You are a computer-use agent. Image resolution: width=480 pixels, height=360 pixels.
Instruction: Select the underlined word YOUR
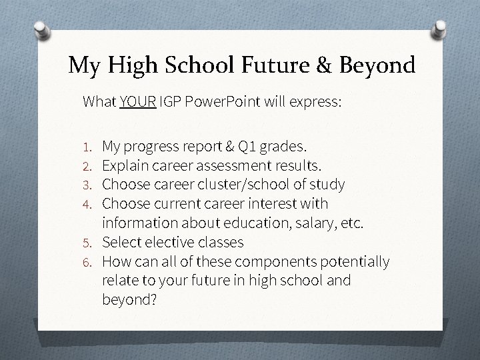[138, 102]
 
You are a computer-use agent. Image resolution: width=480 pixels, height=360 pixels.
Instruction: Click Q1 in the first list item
[257, 145]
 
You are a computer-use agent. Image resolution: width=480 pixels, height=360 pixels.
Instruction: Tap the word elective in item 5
[170, 241]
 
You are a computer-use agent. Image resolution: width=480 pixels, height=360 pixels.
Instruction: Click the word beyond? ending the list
[129, 300]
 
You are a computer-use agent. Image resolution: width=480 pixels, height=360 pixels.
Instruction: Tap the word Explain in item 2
[125, 164]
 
